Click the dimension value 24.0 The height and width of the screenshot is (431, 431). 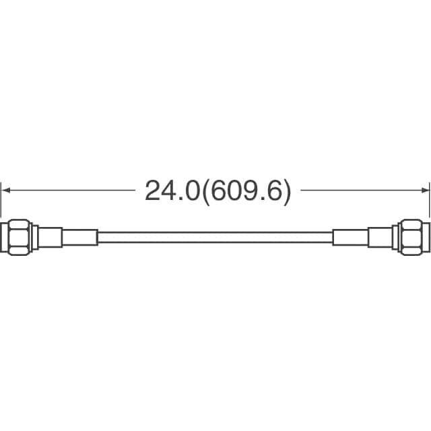[172, 191]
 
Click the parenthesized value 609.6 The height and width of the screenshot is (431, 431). [246, 191]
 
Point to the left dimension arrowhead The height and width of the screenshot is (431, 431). [6, 190]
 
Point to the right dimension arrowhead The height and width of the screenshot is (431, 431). [425, 190]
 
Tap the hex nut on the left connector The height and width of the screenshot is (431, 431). [20, 237]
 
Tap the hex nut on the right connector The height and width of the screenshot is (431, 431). [411, 237]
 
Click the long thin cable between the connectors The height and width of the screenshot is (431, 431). [215, 238]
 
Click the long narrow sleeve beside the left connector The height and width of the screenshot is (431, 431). [79, 237]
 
